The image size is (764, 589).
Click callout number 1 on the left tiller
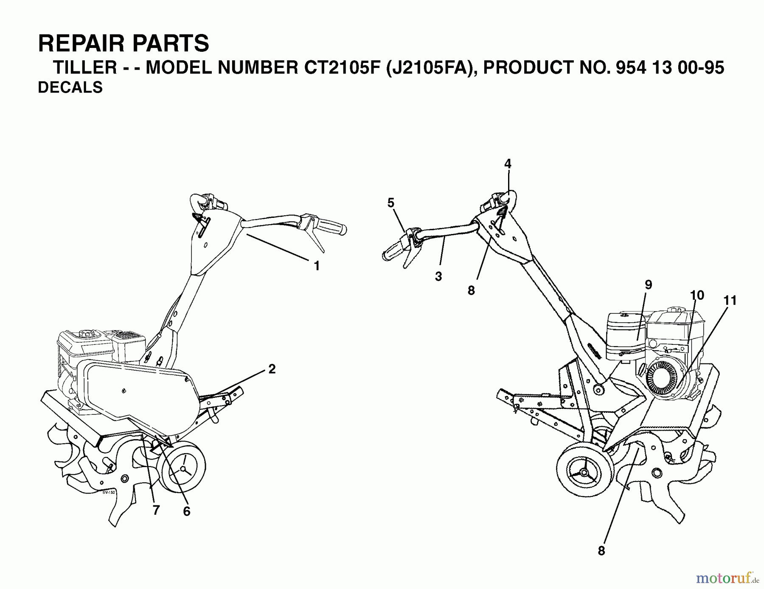316,266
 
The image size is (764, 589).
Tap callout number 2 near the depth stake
272,369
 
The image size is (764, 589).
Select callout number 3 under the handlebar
438,276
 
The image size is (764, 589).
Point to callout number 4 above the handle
508,163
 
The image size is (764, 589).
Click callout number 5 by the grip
391,203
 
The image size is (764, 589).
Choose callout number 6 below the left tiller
187,511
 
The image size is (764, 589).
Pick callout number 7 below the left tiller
156,510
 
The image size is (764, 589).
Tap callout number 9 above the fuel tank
648,285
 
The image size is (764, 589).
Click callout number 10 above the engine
697,295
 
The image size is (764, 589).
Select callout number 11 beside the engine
730,300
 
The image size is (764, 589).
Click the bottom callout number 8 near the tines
601,551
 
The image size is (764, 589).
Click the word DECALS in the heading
70,87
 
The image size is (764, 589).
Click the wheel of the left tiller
183,468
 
